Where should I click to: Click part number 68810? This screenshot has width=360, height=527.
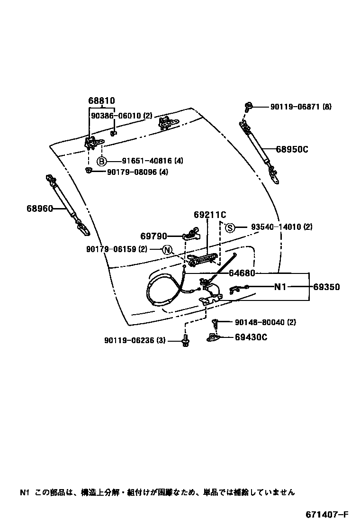click(101, 100)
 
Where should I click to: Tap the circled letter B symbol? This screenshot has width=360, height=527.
click(102, 161)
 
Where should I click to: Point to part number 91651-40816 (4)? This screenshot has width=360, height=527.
click(145, 161)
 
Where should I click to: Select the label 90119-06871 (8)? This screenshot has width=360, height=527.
click(301, 107)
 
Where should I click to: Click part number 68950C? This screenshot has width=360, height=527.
click(293, 149)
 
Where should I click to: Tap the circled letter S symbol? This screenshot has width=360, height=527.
click(230, 227)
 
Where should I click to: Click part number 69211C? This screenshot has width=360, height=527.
click(209, 215)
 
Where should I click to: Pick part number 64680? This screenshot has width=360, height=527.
click(242, 273)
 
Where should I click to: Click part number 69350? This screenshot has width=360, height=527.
click(326, 287)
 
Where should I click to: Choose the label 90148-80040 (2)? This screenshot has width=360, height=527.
click(265, 323)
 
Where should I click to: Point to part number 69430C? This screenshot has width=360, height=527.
click(251, 337)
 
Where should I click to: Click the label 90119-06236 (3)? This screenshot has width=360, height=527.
click(135, 340)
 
